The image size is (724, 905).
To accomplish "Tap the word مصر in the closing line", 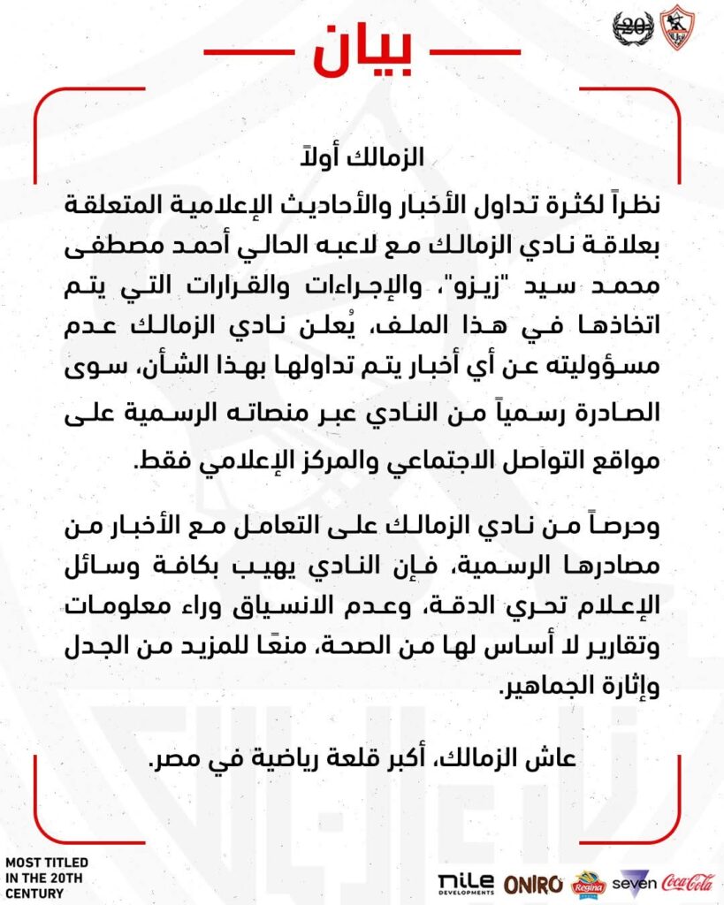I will click(171, 758).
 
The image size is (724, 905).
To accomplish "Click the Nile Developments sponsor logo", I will click(465, 882).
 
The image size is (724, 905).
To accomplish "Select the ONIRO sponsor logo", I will click(534, 882).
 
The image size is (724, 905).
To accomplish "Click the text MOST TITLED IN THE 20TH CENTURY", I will click(46, 877).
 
